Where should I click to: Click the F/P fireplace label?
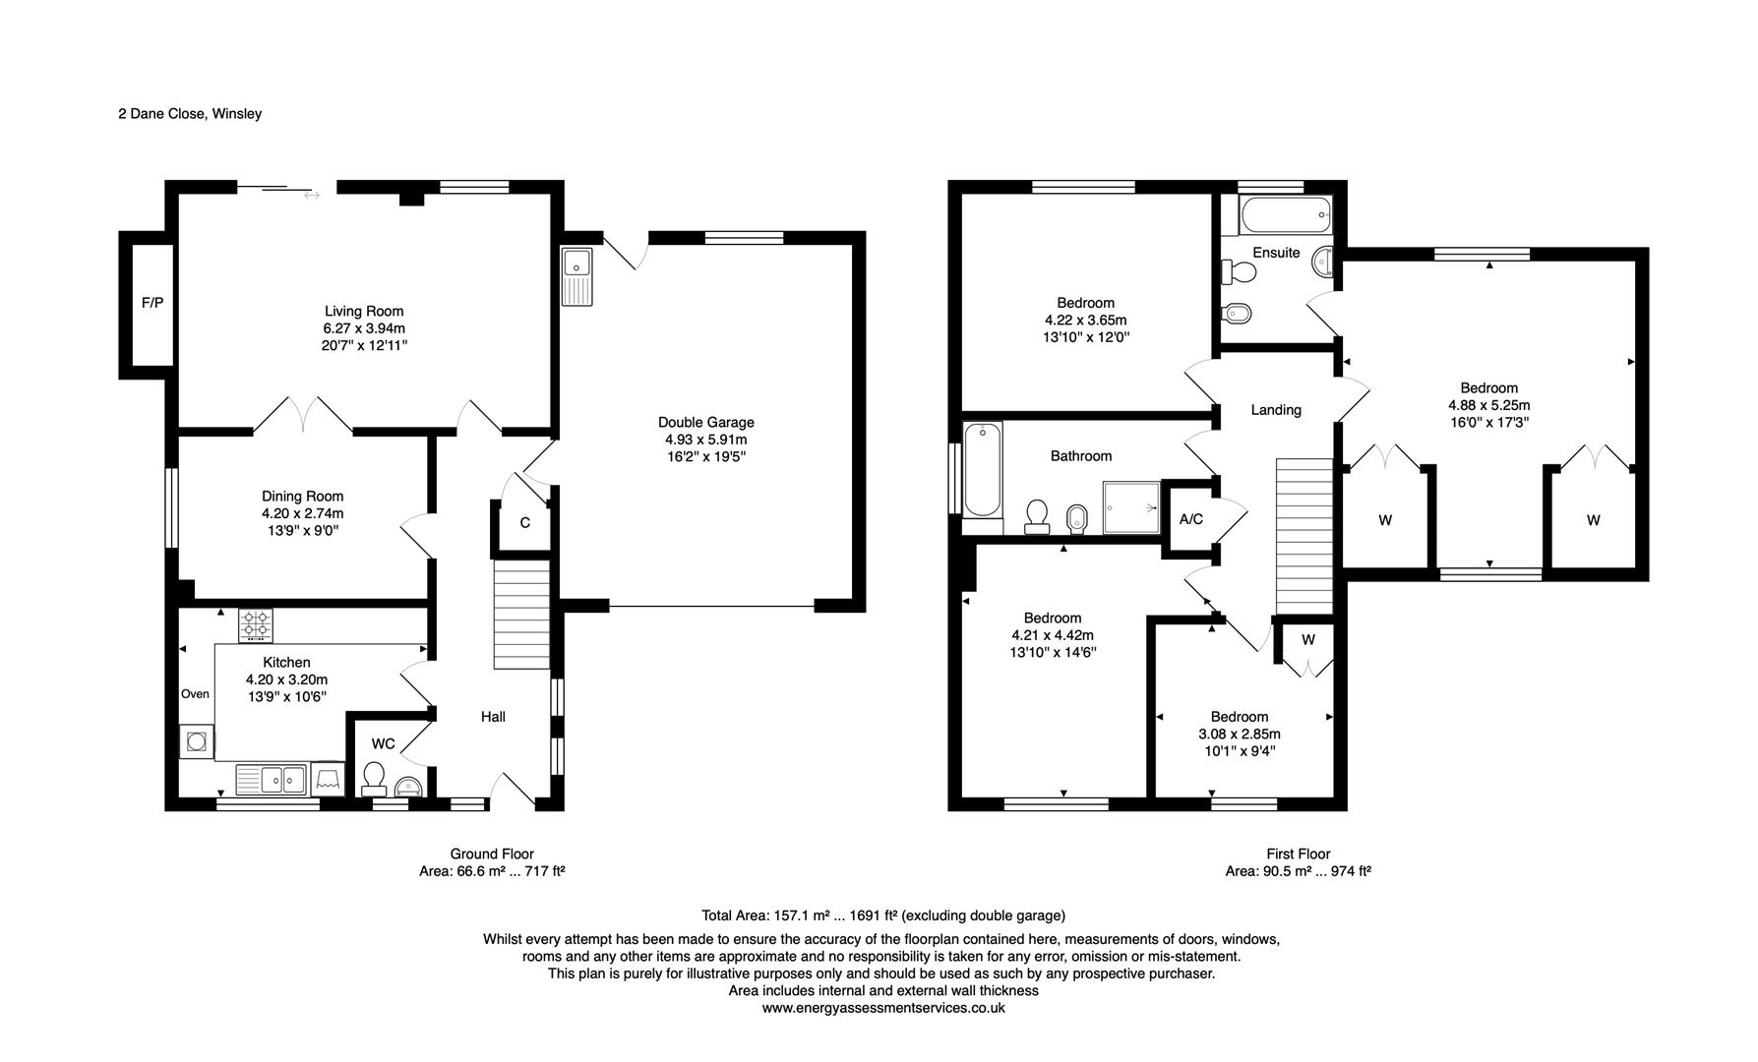click(x=152, y=303)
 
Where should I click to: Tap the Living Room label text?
click(x=364, y=312)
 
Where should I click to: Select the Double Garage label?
click(x=706, y=423)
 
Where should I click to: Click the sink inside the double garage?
click(x=576, y=277)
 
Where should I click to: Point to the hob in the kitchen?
click(x=256, y=624)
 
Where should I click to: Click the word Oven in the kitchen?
click(x=195, y=694)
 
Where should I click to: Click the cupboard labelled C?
click(x=524, y=523)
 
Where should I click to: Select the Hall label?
click(x=493, y=717)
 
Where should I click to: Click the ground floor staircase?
click(x=520, y=615)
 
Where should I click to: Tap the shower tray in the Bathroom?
click(x=1131, y=506)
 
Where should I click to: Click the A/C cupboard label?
click(x=1190, y=519)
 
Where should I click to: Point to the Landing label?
click(x=1276, y=410)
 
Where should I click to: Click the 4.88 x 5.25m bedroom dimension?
click(x=1488, y=405)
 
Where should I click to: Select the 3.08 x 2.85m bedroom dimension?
click(x=1240, y=735)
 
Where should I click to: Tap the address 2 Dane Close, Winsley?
click(x=190, y=114)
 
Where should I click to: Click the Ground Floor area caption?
click(x=492, y=862)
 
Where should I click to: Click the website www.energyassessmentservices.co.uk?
click(x=883, y=1008)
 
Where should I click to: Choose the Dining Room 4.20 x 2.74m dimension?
click(x=303, y=513)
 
